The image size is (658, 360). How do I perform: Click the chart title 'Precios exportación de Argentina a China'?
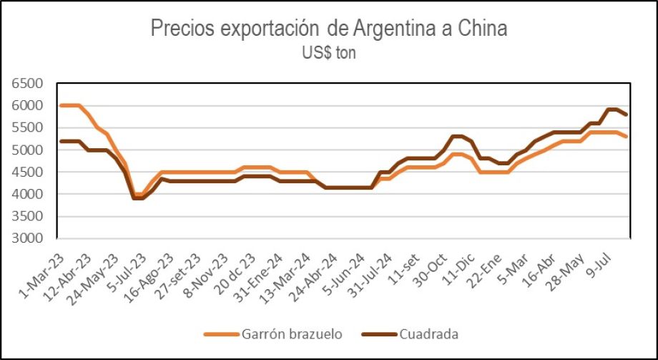click(328, 29)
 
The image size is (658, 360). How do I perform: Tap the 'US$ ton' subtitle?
click(328, 52)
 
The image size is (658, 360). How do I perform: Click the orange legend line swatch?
click(219, 334)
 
